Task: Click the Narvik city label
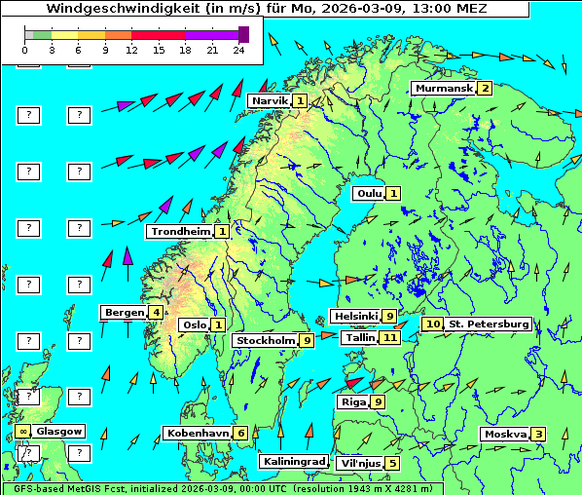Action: (x=270, y=101)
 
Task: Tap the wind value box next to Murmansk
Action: (x=484, y=89)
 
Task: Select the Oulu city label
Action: (x=369, y=193)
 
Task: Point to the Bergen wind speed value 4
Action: (x=156, y=313)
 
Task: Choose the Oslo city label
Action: (x=194, y=325)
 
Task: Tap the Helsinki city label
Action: (x=355, y=317)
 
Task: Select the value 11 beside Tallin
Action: (x=390, y=337)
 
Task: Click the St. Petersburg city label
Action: (x=488, y=324)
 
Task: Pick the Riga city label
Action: (x=351, y=401)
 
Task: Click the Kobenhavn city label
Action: (x=198, y=433)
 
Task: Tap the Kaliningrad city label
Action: (x=293, y=461)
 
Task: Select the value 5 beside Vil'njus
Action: (x=391, y=463)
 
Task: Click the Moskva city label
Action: (x=505, y=435)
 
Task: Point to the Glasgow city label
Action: (x=59, y=431)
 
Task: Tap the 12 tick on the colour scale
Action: (x=131, y=50)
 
